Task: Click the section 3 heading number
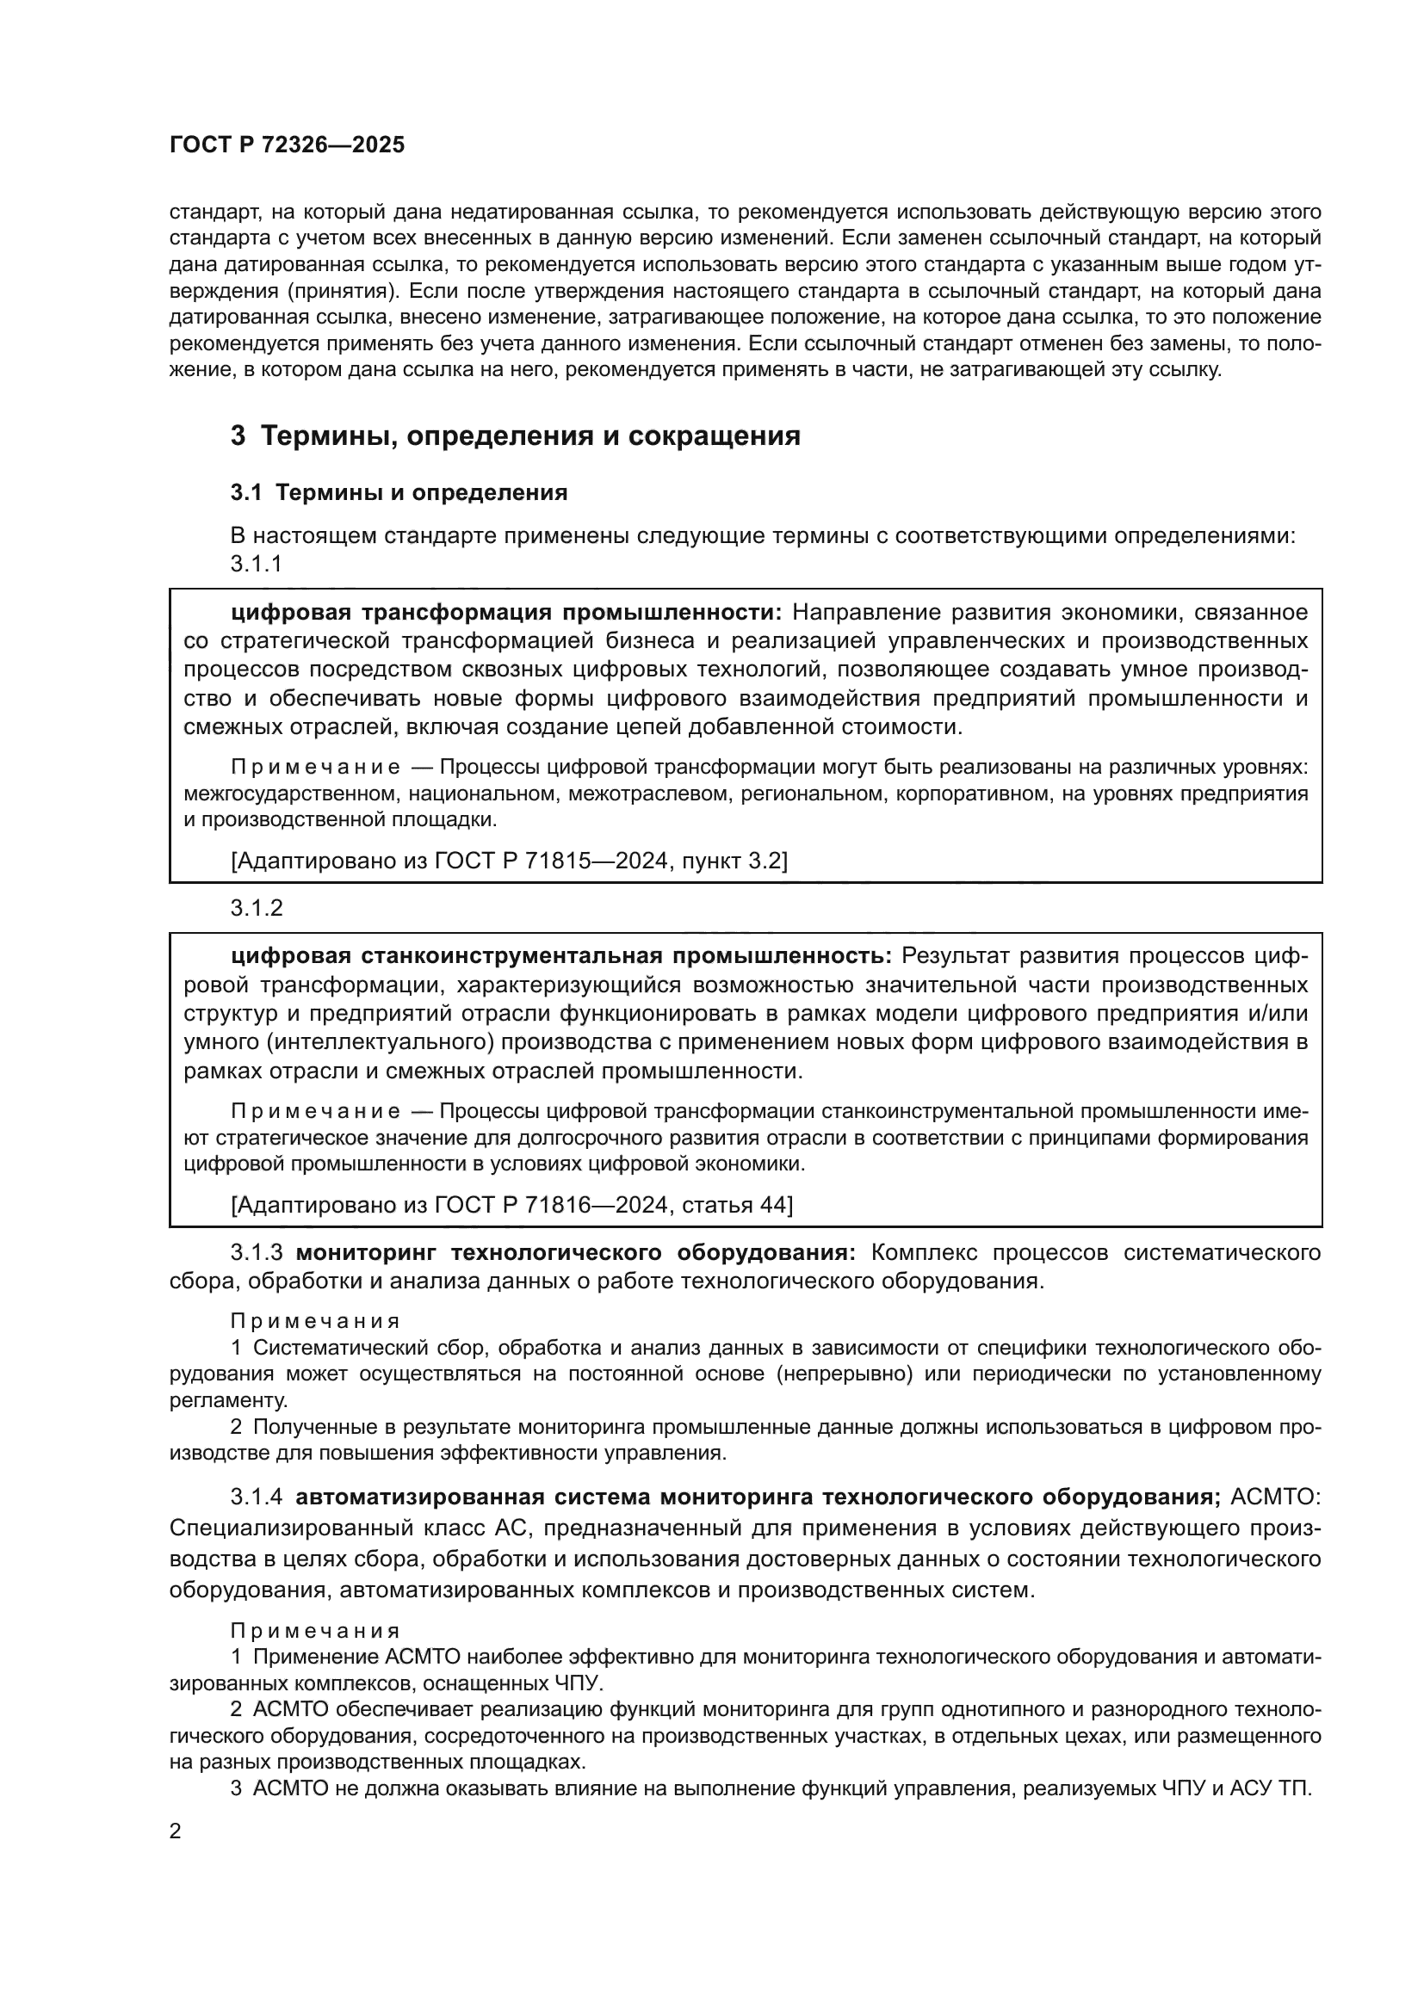238,435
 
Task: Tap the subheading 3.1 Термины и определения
399,493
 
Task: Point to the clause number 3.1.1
256,564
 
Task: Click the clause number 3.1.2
256,908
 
